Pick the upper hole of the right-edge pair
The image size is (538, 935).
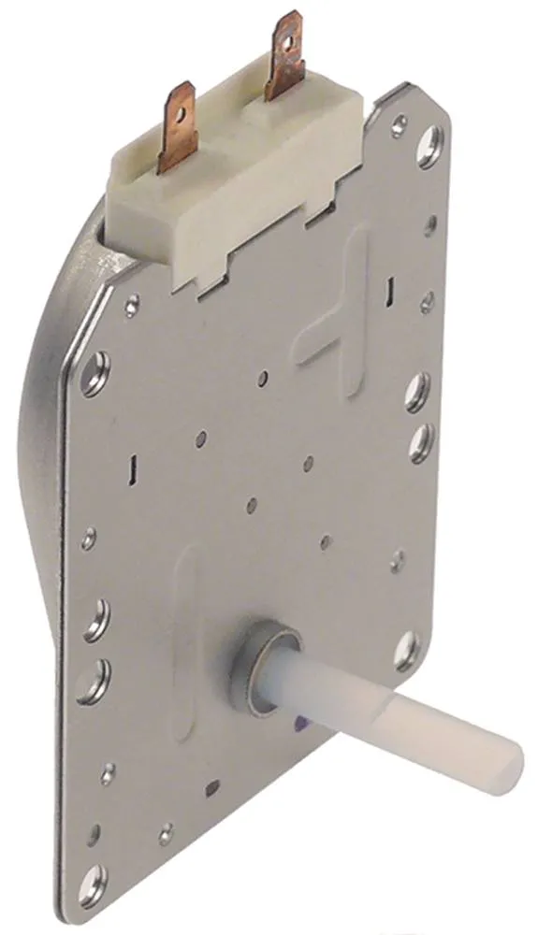417,393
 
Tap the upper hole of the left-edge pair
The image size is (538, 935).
95,619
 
